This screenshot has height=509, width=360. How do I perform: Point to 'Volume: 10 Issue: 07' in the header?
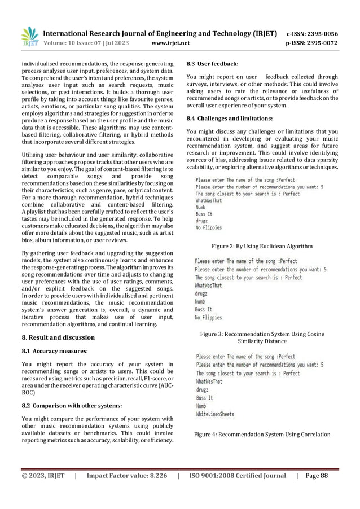71,43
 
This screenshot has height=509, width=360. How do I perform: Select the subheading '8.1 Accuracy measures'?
53,352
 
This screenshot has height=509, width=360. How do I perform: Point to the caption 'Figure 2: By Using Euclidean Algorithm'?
262,246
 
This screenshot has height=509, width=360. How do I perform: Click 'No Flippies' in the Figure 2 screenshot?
209,228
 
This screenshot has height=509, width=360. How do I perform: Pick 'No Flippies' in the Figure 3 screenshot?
209,317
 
